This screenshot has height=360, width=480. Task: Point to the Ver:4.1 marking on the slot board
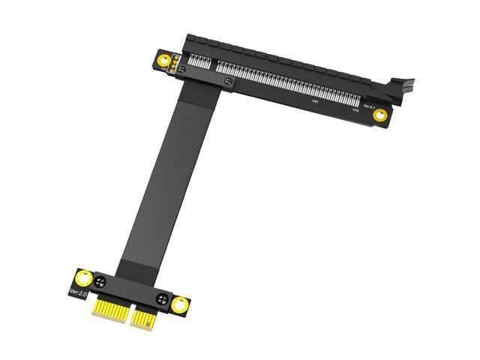coord(368,106)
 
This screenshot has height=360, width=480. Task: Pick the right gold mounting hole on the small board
coord(179,304)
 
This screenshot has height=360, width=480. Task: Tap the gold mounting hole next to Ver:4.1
coord(380,115)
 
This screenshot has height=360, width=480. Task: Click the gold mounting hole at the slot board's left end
coord(163,59)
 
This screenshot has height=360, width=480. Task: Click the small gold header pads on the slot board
coord(172,66)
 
